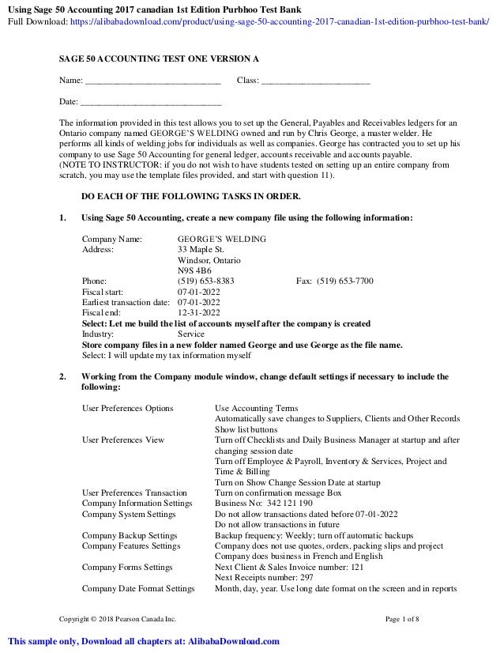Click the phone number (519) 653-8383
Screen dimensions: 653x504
(206, 281)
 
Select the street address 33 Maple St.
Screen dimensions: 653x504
(201, 249)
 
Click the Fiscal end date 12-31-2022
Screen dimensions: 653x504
(199, 312)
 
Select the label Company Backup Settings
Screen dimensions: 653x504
(130, 535)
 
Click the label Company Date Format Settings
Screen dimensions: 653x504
(138, 588)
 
